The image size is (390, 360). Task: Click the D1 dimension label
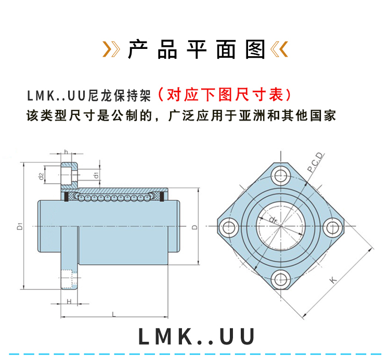19,226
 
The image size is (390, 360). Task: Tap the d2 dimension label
41,176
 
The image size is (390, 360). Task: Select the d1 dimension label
96,175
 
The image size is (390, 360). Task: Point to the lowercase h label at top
66,151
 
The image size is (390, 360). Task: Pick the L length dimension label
113,314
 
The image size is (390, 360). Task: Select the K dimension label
333,280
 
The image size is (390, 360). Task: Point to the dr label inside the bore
274,220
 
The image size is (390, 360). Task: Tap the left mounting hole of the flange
228,227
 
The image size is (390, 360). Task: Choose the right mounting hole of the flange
333,227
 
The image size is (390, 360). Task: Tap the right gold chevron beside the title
279,49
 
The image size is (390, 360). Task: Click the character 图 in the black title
257,49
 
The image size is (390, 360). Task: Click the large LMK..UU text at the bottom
197,337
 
